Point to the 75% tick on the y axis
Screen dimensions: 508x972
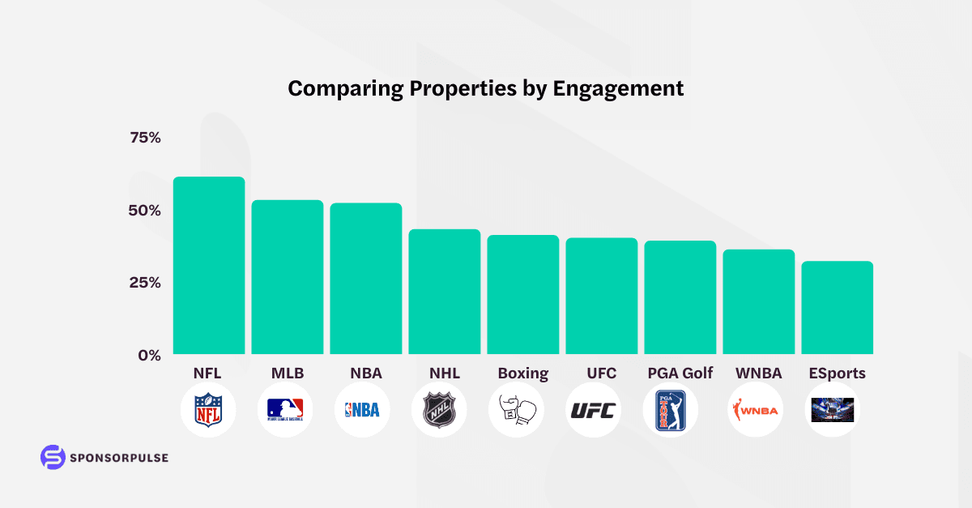click(146, 138)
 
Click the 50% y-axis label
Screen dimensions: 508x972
click(146, 211)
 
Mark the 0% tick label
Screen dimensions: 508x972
click(149, 355)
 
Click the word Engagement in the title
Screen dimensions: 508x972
click(618, 88)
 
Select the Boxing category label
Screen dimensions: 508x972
click(523, 374)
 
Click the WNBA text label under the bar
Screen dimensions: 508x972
click(759, 374)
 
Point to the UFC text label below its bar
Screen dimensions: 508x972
click(602, 374)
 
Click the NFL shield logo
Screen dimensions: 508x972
click(208, 410)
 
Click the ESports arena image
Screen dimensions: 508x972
click(833, 410)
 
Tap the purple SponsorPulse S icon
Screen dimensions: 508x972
click(53, 457)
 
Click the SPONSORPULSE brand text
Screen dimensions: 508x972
click(119, 458)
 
